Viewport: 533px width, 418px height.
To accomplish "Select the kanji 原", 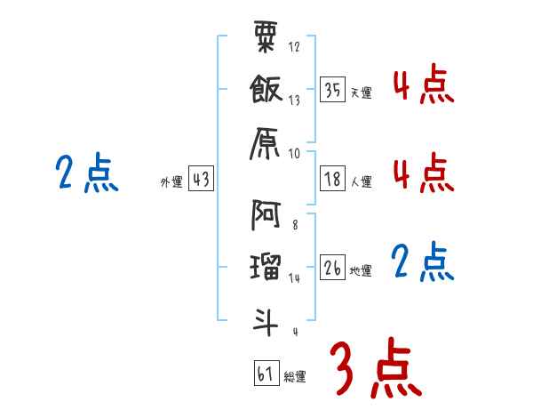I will tap(266, 140).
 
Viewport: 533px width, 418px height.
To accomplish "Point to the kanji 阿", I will tap(266, 214).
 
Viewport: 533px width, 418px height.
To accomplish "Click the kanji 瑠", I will tap(266, 266).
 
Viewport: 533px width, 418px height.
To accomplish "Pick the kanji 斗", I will tap(266, 320).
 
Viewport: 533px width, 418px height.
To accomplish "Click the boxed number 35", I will tap(332, 89).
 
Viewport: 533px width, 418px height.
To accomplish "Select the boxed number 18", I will tap(332, 178).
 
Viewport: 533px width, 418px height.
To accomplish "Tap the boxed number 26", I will tap(332, 267).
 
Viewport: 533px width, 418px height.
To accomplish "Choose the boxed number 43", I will tap(200, 179).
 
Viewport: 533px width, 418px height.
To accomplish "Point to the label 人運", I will tap(361, 182).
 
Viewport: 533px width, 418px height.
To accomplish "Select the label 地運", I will tap(361, 271).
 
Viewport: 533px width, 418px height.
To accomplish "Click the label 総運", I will tap(295, 377).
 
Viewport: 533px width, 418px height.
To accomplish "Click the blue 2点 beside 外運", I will tap(87, 173).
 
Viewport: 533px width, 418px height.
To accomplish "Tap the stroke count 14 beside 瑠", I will tap(295, 278).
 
